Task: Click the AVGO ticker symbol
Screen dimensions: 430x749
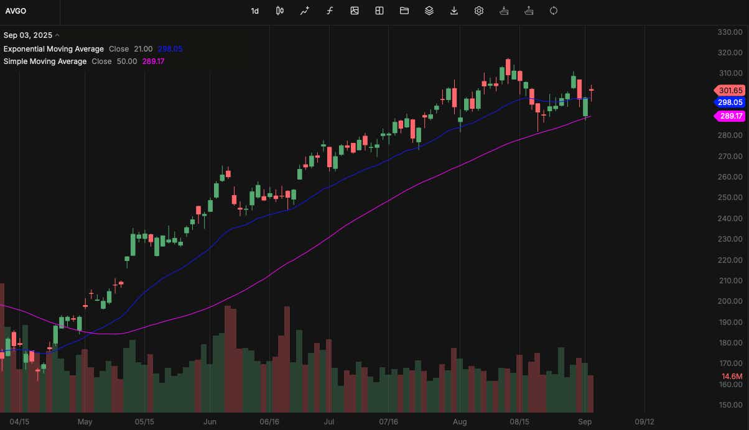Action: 16,11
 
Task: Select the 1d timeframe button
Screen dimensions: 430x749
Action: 255,11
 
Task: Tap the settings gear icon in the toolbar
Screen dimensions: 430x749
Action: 479,11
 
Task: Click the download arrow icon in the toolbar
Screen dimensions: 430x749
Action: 454,11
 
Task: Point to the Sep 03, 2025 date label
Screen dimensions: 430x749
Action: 28,35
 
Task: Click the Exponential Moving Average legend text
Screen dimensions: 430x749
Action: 53,49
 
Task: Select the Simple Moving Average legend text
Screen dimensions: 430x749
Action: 45,62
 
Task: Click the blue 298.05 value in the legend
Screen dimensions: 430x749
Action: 170,49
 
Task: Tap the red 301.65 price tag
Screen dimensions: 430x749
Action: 730,90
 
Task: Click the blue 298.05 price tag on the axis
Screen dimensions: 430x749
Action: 730,103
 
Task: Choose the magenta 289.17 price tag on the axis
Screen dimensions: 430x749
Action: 730,116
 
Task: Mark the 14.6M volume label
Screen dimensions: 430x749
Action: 732,377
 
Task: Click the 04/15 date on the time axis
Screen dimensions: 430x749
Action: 19,422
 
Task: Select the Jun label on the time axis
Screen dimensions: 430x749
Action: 210,422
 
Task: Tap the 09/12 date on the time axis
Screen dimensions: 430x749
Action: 644,422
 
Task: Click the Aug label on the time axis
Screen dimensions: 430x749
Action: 459,422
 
